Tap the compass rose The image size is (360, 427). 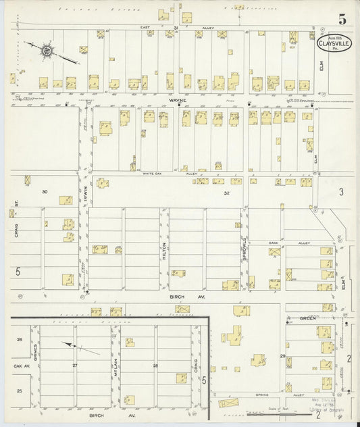(x=47, y=50)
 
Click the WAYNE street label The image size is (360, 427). (x=178, y=99)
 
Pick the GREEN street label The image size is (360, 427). (x=307, y=317)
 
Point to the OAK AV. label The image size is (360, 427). (x=22, y=366)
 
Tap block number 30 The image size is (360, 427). (x=45, y=192)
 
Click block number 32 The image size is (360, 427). (x=226, y=193)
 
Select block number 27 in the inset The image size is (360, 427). (x=76, y=366)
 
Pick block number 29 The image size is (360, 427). (x=282, y=355)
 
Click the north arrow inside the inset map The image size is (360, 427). (x=81, y=348)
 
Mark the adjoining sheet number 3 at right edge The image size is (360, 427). (x=341, y=192)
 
